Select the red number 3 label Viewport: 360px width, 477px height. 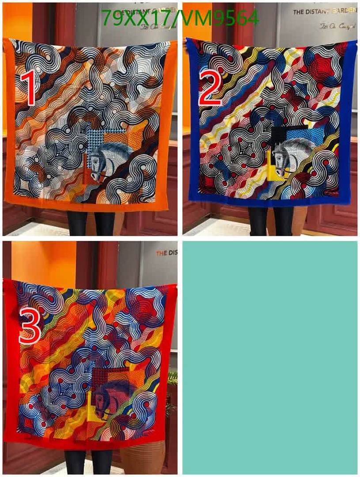[29, 326]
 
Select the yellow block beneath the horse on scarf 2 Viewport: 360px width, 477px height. [274, 170]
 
